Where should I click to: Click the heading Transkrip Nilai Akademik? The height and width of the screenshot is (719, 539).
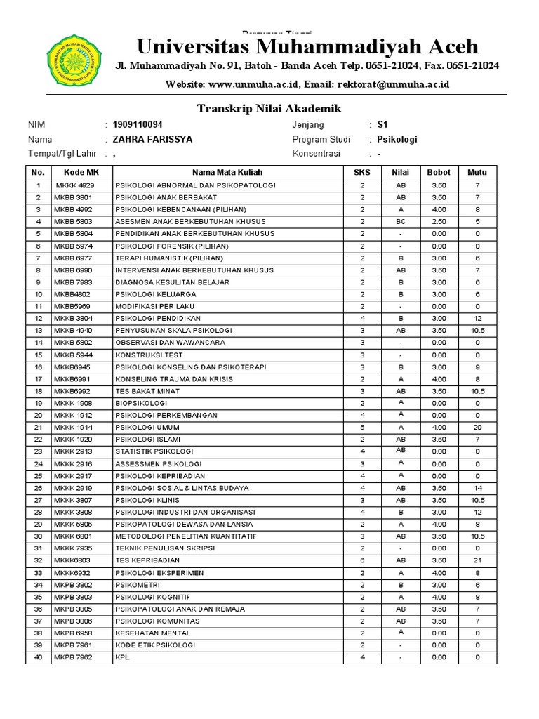click(269, 108)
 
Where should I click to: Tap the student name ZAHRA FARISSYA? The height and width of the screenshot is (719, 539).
click(152, 139)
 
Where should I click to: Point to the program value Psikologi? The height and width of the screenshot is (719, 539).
click(397, 139)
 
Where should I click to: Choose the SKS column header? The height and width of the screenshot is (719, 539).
click(362, 172)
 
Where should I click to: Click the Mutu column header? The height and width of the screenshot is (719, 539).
click(477, 172)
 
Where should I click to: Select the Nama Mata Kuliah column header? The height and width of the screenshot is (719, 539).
click(227, 172)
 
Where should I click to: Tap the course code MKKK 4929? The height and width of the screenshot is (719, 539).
click(74, 185)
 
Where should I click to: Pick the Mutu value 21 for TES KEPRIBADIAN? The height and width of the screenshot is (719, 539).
click(477, 560)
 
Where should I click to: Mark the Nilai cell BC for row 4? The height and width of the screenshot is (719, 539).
click(401, 222)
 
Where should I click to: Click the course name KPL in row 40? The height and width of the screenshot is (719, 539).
click(122, 657)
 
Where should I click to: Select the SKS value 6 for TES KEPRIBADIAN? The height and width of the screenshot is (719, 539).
click(362, 560)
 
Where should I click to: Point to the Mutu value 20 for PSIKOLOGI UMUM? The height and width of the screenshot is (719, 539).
click(477, 428)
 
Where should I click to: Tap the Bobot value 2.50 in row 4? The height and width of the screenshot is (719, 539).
click(439, 222)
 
